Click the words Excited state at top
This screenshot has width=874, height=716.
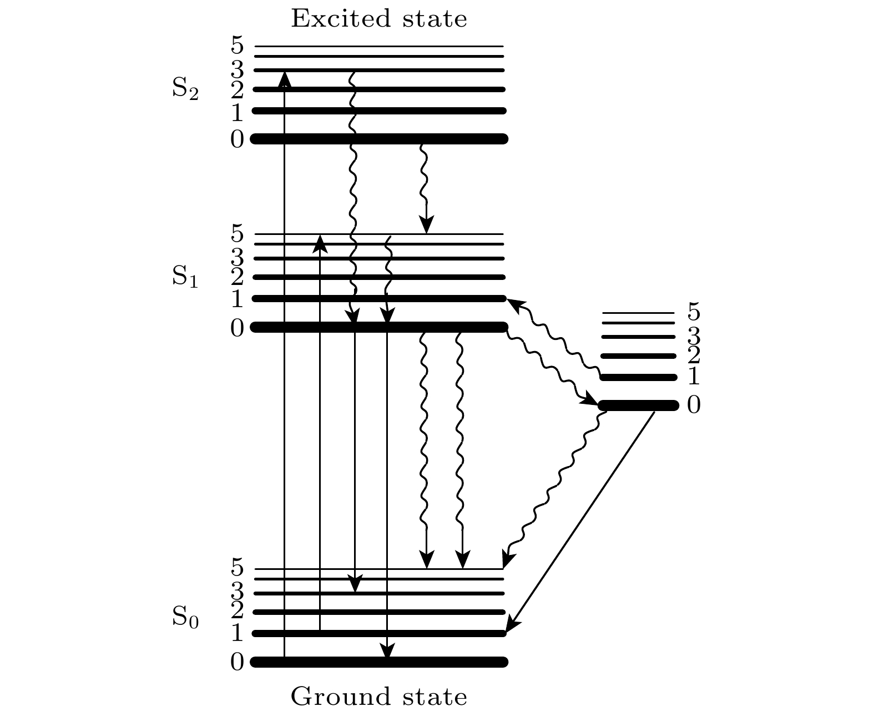click(x=379, y=19)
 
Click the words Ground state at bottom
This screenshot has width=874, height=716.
click(x=379, y=697)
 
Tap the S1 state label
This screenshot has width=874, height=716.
click(x=185, y=276)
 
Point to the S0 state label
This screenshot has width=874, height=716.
click(x=185, y=617)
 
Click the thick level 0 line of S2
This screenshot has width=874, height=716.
click(x=379, y=138)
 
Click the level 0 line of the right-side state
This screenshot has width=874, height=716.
click(x=638, y=405)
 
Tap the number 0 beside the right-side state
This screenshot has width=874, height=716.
click(x=694, y=405)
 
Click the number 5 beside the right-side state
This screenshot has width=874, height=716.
click(x=694, y=312)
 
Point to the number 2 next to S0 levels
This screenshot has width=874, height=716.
click(x=237, y=611)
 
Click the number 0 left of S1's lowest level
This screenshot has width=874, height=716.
click(x=237, y=328)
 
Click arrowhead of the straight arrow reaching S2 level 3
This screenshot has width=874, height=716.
click(x=284, y=79)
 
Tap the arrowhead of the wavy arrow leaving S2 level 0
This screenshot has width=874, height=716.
click(x=426, y=224)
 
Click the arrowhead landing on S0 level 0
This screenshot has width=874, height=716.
click(x=387, y=652)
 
